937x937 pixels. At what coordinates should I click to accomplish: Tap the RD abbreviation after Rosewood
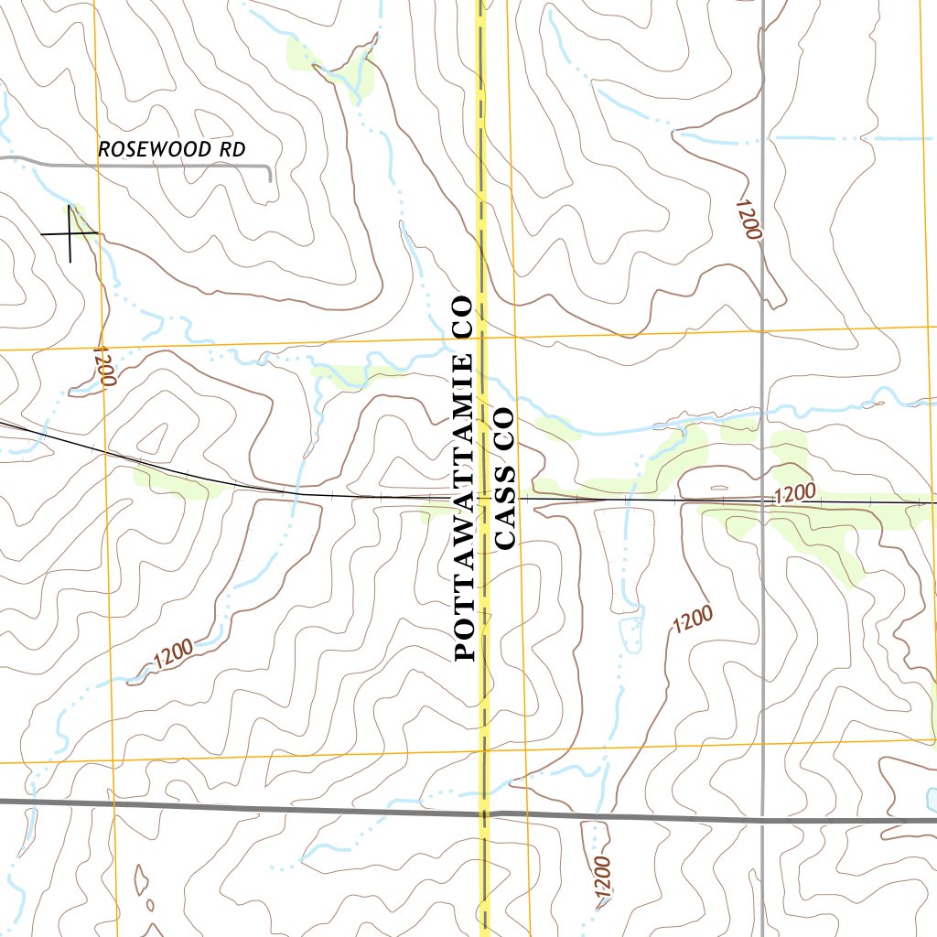(234, 149)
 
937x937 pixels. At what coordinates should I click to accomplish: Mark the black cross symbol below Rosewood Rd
(70, 233)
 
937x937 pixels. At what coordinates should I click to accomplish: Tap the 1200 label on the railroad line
(793, 495)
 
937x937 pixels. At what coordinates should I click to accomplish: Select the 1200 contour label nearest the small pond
(691, 621)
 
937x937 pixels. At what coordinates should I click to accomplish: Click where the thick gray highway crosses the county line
(482, 812)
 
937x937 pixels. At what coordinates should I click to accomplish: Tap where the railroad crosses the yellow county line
(482, 498)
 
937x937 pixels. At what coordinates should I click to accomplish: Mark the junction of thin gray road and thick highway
(763, 819)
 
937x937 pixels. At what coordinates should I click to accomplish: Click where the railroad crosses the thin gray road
(763, 501)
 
